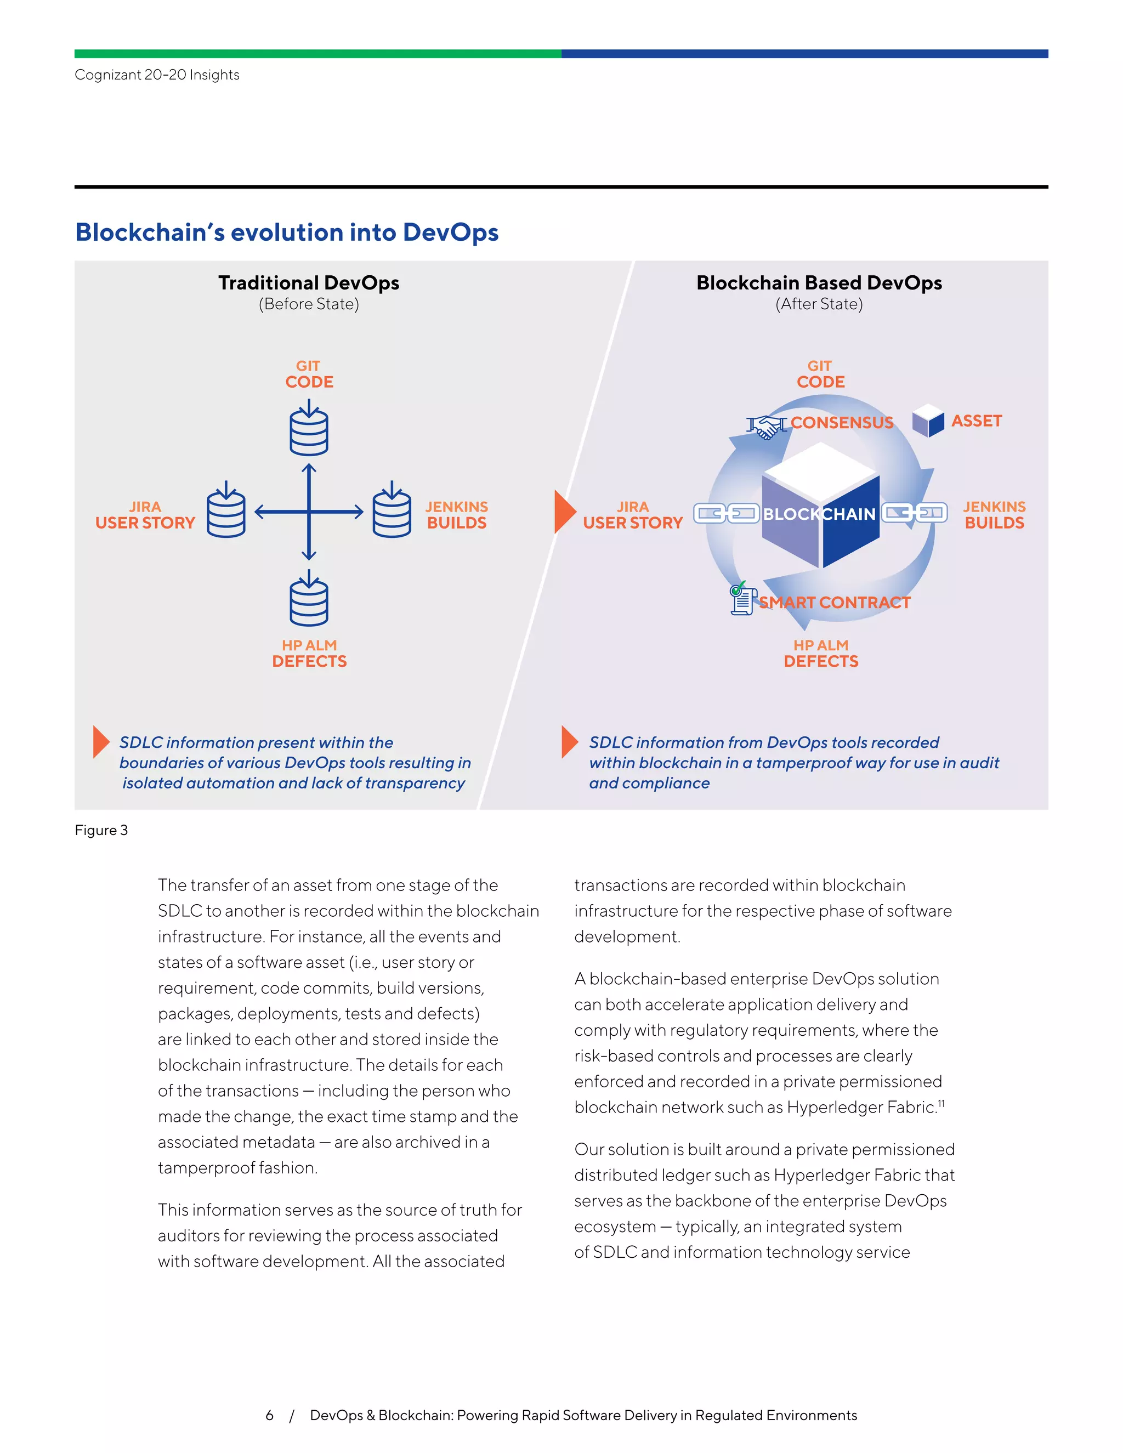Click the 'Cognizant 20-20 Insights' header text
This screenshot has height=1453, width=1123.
[x=157, y=75]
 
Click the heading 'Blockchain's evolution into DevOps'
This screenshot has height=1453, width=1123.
[x=287, y=232]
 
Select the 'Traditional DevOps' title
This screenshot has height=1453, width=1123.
[x=309, y=283]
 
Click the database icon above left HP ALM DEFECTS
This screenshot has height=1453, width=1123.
[x=309, y=602]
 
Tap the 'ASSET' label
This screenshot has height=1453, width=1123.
[x=976, y=421]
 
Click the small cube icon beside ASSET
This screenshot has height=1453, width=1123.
[x=928, y=421]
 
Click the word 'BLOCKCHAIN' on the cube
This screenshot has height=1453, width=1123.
[x=819, y=514]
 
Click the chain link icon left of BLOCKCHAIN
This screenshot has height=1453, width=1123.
[x=726, y=514]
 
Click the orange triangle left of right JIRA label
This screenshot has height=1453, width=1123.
[x=564, y=512]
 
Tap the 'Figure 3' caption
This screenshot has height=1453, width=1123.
[x=101, y=830]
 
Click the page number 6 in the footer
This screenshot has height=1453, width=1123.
[x=269, y=1415]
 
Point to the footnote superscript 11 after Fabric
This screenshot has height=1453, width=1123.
[x=941, y=1104]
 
